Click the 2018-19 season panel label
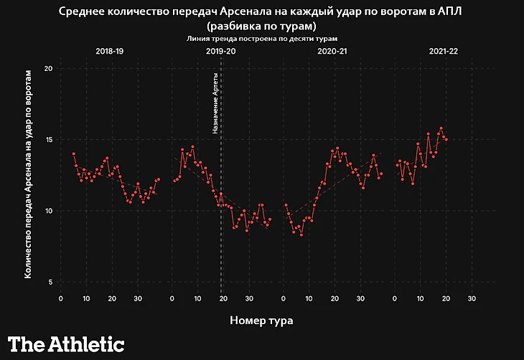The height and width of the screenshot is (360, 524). click(x=109, y=52)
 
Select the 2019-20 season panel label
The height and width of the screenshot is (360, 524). click(x=220, y=52)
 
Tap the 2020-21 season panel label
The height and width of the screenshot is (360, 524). click(x=332, y=52)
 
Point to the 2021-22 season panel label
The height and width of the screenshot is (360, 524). click(x=444, y=52)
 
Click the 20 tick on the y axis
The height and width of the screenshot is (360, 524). click(x=49, y=68)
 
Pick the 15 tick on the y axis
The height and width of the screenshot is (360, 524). click(x=49, y=139)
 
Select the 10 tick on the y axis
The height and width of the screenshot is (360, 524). click(x=49, y=211)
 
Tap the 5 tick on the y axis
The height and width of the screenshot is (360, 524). click(x=50, y=282)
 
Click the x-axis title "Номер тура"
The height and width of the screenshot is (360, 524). click(x=261, y=319)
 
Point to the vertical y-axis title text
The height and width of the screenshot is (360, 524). click(x=29, y=174)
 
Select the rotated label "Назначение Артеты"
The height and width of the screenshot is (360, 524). click(x=215, y=103)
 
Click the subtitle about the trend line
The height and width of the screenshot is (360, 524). click(x=262, y=37)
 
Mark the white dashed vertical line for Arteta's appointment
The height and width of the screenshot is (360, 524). click(x=221, y=215)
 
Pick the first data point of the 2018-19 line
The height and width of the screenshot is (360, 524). click(x=73, y=153)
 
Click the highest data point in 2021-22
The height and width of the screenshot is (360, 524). click(x=441, y=128)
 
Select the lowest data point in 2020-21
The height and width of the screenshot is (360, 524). click(x=301, y=235)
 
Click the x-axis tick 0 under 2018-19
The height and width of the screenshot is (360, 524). click(x=60, y=298)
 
